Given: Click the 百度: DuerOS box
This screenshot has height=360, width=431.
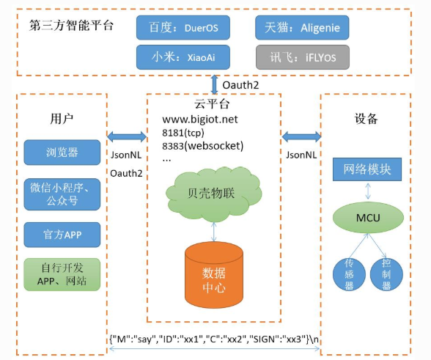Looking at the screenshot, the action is [x=183, y=28].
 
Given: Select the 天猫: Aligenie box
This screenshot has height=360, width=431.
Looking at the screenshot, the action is [x=302, y=28].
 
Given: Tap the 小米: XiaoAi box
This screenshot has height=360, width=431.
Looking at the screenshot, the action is [x=183, y=57].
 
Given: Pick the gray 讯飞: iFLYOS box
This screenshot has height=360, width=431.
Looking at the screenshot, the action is [x=303, y=57].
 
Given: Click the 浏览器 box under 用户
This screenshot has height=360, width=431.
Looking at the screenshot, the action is [x=62, y=153].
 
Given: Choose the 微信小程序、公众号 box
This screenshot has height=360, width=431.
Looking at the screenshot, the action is [x=62, y=194].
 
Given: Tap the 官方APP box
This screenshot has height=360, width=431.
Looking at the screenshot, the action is [x=62, y=235].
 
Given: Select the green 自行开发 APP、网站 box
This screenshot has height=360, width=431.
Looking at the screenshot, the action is [x=62, y=274].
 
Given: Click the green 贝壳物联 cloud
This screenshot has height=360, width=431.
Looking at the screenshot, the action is [x=213, y=194].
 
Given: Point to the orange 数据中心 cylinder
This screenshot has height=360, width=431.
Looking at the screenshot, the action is [x=214, y=275].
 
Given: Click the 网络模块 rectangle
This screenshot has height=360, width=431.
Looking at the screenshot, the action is [x=367, y=169].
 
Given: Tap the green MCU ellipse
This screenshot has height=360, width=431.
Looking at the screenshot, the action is [x=368, y=218].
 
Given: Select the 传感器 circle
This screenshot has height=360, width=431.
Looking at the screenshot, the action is [x=349, y=274].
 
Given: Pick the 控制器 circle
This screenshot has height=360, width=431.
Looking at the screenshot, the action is [x=386, y=274].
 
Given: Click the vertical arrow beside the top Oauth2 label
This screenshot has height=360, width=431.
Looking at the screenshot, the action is [x=214, y=85].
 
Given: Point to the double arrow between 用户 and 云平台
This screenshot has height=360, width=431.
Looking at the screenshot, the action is [x=127, y=136].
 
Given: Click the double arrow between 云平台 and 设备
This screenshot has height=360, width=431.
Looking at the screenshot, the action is [x=301, y=136].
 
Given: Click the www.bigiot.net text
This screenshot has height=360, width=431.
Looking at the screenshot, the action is [x=200, y=120].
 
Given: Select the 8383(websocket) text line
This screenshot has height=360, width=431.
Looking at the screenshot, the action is [x=202, y=146].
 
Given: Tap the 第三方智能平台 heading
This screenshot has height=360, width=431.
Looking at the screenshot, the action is [x=72, y=26].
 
